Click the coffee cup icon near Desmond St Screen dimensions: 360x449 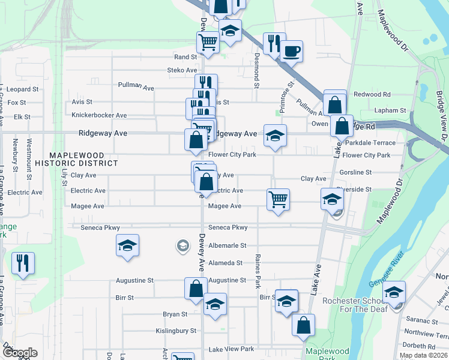[291, 51]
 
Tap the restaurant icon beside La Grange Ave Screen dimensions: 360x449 [23, 263]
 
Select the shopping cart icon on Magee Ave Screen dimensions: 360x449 [278, 199]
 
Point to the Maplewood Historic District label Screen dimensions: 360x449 [76, 159]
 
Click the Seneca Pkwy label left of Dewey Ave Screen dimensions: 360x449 [103, 228]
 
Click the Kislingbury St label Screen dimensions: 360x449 [176, 331]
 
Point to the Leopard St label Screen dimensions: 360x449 [22, 89]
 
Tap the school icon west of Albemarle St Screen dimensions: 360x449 [127, 246]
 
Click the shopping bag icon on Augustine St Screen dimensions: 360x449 [196, 289]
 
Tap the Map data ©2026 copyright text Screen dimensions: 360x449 [423, 355]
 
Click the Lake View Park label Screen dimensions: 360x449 [231, 349]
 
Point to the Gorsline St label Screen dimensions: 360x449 [355, 172]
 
